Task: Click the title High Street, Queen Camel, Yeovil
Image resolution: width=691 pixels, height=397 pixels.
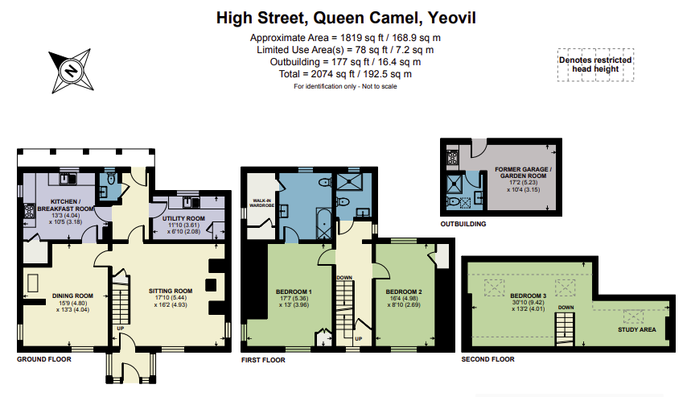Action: [x=346, y=17]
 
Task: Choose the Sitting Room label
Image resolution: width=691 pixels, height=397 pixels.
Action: [x=171, y=291]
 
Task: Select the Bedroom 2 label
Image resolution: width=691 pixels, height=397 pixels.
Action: [x=404, y=291]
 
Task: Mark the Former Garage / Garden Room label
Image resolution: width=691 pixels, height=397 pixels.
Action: [x=513, y=173]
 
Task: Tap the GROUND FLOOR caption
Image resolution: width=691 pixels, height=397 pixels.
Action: [x=44, y=360]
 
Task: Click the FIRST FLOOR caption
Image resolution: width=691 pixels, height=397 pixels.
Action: [x=264, y=360]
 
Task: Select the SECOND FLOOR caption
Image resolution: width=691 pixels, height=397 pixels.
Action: [x=487, y=360]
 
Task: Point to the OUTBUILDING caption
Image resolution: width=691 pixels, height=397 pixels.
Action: [x=463, y=224]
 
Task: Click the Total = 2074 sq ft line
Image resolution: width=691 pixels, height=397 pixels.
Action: [x=346, y=73]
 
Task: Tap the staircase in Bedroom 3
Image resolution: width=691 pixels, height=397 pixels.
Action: [x=566, y=325]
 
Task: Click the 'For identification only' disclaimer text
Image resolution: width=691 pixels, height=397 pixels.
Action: [x=346, y=85]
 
